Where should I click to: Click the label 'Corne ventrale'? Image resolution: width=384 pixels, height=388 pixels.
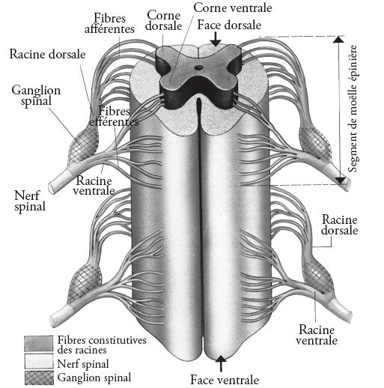[x=232, y=8]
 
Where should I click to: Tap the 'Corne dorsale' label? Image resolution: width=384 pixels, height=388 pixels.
[x=163, y=21]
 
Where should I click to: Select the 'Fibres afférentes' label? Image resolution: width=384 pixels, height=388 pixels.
[x=109, y=23]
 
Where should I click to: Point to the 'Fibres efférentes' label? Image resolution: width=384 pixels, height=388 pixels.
[x=114, y=117]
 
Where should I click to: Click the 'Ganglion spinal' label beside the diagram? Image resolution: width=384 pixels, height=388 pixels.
[x=36, y=96]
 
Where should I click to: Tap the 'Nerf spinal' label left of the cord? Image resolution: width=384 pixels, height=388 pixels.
[x=30, y=201]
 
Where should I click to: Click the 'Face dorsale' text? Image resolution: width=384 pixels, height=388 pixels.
[x=229, y=25]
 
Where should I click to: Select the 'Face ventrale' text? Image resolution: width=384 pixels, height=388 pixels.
[x=225, y=380]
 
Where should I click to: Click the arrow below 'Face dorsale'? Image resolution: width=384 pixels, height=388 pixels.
[x=216, y=38]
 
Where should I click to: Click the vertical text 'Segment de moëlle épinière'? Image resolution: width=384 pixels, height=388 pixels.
[x=353, y=109]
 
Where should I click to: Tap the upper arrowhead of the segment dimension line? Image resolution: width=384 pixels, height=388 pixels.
[x=338, y=40]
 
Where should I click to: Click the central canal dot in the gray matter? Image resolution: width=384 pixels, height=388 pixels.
[x=199, y=67]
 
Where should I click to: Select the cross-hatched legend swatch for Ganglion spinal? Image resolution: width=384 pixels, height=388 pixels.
[x=39, y=378]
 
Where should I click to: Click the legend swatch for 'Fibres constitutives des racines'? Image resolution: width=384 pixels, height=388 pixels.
[x=39, y=344]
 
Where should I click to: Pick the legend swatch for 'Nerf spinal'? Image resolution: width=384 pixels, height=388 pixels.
[x=39, y=361]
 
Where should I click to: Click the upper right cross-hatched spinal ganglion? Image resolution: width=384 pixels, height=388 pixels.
[x=315, y=143]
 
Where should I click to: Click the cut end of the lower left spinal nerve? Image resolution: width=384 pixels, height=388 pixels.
[x=53, y=320]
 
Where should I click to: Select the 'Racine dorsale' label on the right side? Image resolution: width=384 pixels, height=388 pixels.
[x=339, y=225]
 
